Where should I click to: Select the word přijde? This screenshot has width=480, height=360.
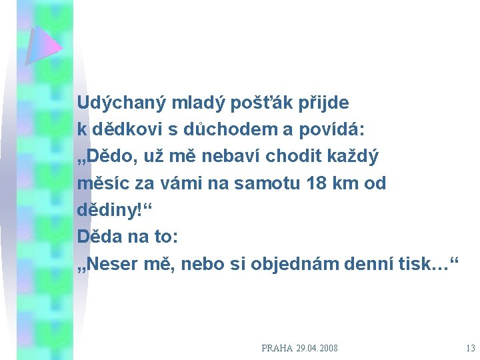tap(325, 103)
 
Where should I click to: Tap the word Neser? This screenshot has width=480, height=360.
tap(113, 263)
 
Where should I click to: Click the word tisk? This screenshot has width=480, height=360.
tap(413, 263)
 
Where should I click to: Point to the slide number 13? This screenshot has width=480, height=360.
tap(471, 348)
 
